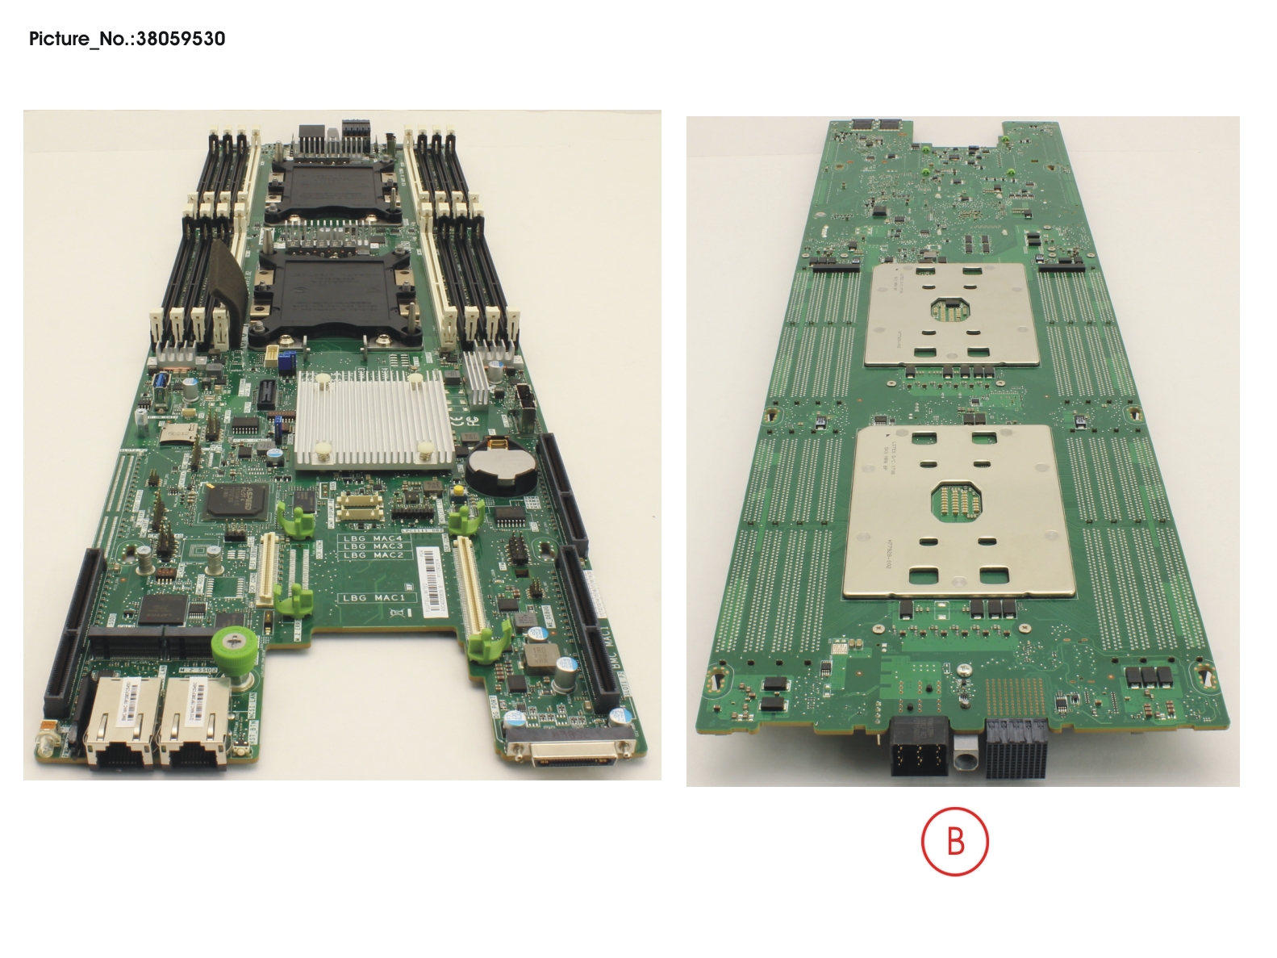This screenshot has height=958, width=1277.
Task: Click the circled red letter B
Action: tap(954, 842)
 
